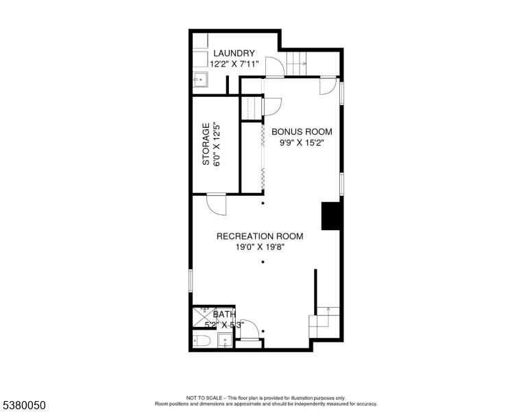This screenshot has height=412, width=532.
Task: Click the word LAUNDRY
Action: pos(234,54)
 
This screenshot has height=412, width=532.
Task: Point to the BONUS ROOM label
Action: pos(302,132)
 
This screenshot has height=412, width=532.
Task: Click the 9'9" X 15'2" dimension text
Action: pos(302,144)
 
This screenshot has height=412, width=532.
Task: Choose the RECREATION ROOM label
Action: pos(259,236)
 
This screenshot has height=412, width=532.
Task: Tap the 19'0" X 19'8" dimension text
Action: pos(259,248)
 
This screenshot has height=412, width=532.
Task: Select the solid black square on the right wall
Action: pos(331,216)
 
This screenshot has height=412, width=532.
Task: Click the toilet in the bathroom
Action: pos(203,341)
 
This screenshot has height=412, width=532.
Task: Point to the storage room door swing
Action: pos(215,205)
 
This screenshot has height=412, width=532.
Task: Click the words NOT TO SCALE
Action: pos(204,398)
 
